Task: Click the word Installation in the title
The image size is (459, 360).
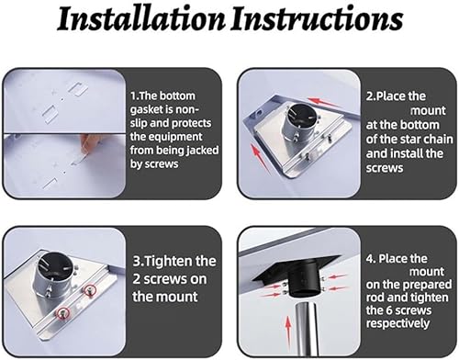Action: pyautogui.click(x=141, y=19)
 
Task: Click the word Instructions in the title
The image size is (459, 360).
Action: pyautogui.click(x=317, y=19)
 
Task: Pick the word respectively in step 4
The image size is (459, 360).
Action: pyautogui.click(x=397, y=323)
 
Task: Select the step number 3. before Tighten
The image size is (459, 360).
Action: pyautogui.click(x=138, y=262)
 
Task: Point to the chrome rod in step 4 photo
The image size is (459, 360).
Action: pyautogui.click(x=307, y=329)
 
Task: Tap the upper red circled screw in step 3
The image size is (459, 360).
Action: pyautogui.click(x=90, y=289)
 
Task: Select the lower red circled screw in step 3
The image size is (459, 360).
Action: pyautogui.click(x=63, y=313)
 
